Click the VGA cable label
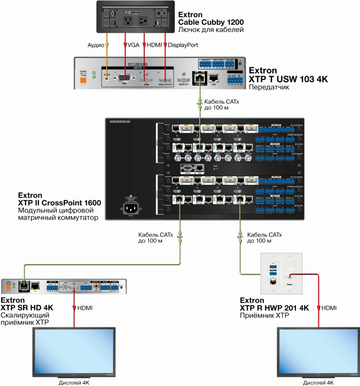(x=133, y=45)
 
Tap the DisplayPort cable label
(x=183, y=45)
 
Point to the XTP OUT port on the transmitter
(x=199, y=78)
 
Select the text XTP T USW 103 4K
(x=288, y=80)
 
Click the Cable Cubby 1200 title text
(x=211, y=22)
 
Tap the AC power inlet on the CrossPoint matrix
(x=130, y=208)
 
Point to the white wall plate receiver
(x=282, y=273)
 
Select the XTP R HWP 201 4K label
(x=274, y=308)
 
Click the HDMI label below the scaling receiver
(x=85, y=308)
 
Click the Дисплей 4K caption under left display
(x=74, y=382)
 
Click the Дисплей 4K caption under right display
(x=319, y=382)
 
